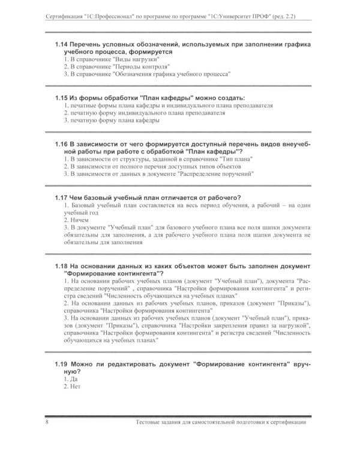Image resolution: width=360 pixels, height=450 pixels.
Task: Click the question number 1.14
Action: [x=61, y=44]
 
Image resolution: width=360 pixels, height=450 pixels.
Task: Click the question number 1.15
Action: [x=61, y=97]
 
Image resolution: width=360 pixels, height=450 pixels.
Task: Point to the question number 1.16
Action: [x=61, y=145]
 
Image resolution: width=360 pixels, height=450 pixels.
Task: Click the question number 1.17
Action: [x=61, y=197]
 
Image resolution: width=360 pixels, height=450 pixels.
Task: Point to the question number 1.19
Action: [x=61, y=364]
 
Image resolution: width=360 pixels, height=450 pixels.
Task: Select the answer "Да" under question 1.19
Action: [x=74, y=380]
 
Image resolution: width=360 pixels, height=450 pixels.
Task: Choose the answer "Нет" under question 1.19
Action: [x=76, y=387]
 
